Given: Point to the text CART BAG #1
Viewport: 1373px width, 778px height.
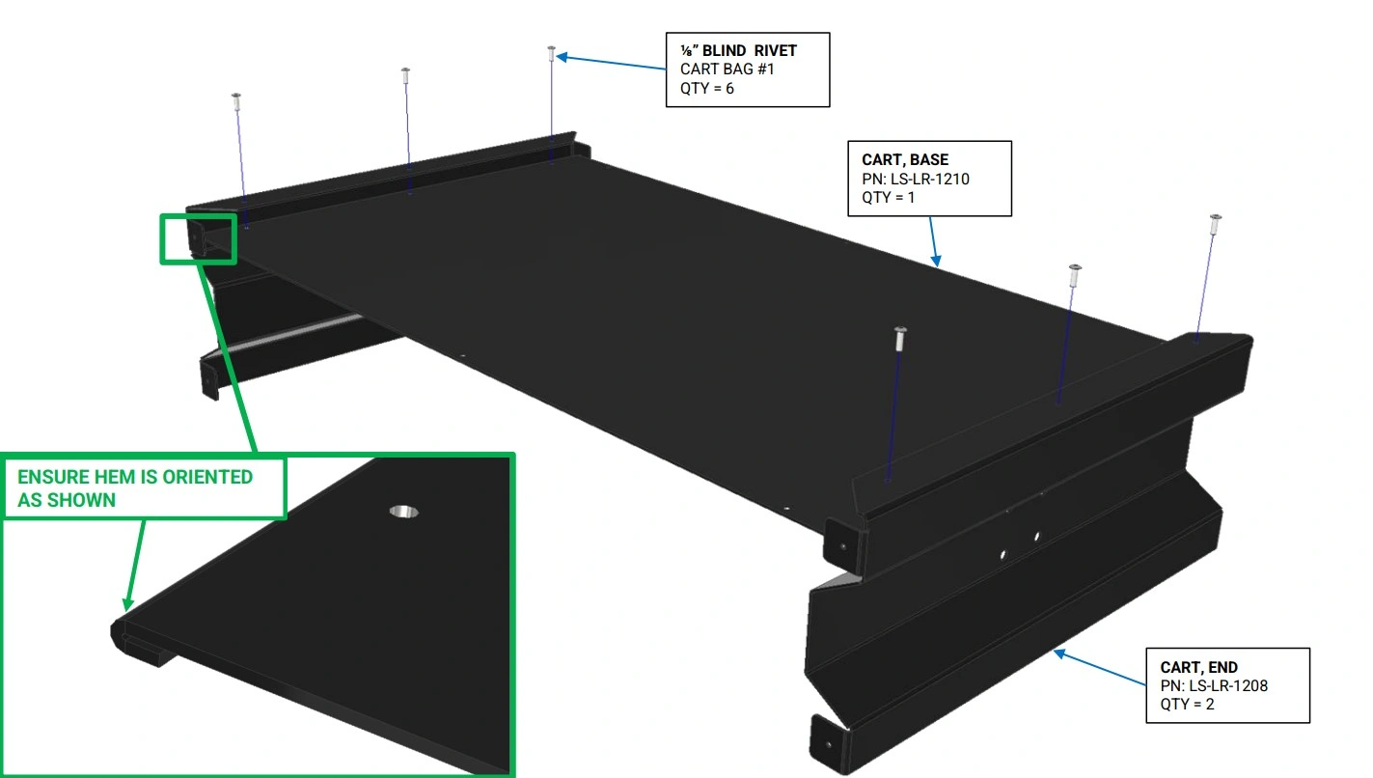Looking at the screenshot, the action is click(x=727, y=69).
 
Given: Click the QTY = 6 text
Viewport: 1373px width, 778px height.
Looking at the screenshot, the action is click(x=706, y=88).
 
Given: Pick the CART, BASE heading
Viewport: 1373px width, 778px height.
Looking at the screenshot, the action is click(x=905, y=160).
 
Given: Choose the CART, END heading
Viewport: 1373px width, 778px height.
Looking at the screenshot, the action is click(x=1198, y=667).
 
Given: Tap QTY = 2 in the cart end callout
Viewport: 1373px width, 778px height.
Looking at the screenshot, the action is click(x=1187, y=704).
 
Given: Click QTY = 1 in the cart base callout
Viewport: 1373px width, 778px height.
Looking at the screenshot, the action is click(x=889, y=198).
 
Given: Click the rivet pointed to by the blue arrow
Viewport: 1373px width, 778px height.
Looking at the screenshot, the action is click(x=551, y=54).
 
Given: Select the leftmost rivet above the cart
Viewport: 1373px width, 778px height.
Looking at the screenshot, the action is click(x=236, y=101).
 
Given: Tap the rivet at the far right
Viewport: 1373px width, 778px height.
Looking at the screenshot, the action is click(x=1215, y=224).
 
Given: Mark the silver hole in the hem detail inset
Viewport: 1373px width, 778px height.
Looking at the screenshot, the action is click(x=404, y=512).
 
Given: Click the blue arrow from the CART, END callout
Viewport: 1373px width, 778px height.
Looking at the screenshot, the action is click(x=1100, y=668).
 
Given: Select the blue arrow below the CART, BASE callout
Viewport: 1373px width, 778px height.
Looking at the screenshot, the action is click(x=934, y=241).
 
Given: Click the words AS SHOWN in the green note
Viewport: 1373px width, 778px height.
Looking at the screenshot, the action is click(x=67, y=500).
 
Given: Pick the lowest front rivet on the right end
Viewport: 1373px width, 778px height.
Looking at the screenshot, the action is click(x=899, y=339).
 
